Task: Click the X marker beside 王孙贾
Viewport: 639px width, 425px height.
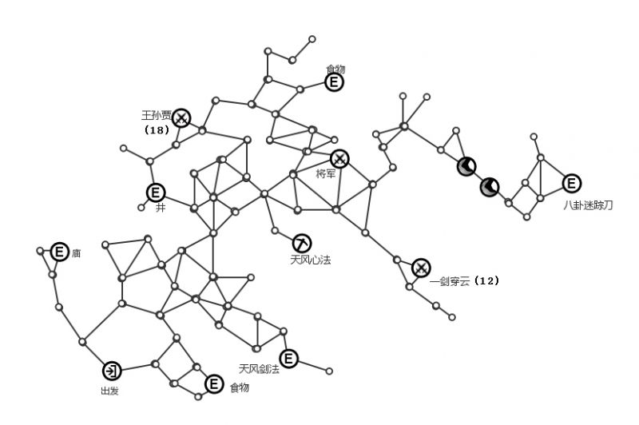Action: click(182, 118)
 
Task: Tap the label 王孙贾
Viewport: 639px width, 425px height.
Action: click(157, 115)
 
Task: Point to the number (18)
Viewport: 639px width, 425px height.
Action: click(157, 129)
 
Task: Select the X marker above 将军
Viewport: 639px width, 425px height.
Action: click(339, 158)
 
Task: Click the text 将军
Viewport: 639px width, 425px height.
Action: click(326, 174)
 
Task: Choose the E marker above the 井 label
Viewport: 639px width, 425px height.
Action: click(155, 193)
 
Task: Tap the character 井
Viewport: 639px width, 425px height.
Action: click(161, 208)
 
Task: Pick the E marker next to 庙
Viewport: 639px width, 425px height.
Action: click(59, 252)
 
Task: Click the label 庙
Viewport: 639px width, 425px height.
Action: click(77, 253)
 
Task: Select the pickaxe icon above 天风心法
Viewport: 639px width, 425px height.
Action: click(302, 243)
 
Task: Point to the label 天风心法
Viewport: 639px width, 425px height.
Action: click(309, 260)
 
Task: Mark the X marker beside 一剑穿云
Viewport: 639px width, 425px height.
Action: click(421, 268)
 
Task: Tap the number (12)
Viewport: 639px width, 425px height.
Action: click(486, 281)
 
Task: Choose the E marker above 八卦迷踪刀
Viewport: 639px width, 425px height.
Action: click(572, 184)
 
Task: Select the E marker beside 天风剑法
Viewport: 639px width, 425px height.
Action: click(288, 359)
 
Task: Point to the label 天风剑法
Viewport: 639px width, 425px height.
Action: click(258, 369)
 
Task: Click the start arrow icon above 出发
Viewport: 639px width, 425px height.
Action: click(112, 371)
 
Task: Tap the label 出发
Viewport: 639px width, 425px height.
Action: click(110, 391)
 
